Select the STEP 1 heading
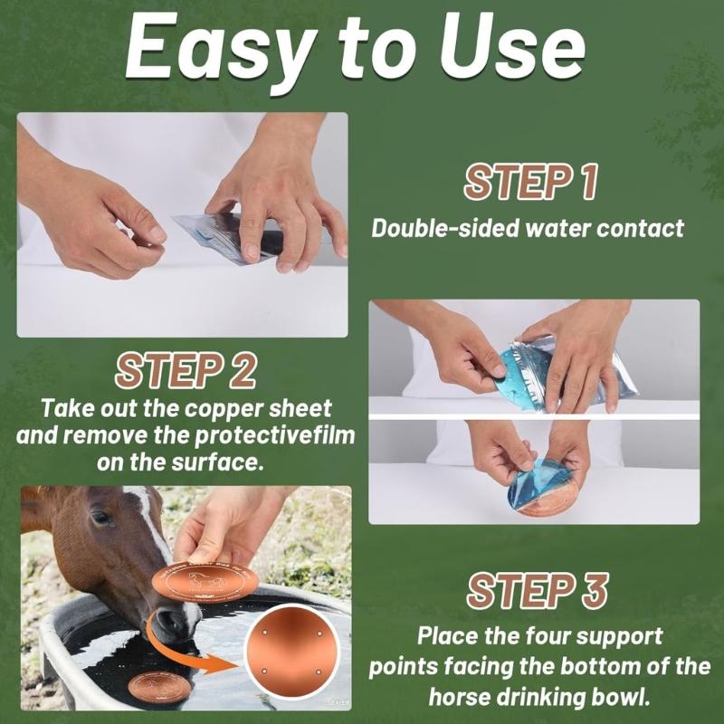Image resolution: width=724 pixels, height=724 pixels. click(x=530, y=182)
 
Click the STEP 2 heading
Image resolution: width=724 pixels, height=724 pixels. click(x=186, y=370)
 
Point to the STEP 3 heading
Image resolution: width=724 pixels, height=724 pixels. click(x=537, y=591)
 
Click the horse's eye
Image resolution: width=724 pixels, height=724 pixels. click(x=101, y=517)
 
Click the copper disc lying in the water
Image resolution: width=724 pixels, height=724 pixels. click(x=160, y=687)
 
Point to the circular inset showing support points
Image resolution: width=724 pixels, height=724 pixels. click(x=291, y=652)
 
